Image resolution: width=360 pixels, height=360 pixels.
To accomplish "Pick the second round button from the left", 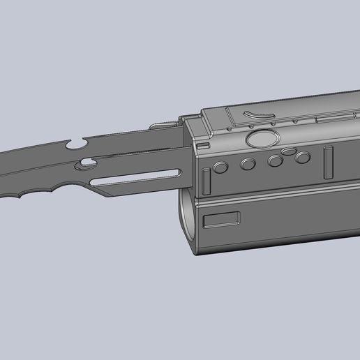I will pyautogui.click(x=248, y=165).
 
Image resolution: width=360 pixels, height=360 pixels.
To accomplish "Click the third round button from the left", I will pyautogui.click(x=275, y=162).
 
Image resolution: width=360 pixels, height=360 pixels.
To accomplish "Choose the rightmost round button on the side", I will pyautogui.click(x=302, y=158).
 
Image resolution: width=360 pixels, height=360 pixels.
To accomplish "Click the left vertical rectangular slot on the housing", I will pyautogui.click(x=207, y=181).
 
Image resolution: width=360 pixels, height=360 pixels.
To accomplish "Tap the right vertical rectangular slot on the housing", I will pyautogui.click(x=328, y=162).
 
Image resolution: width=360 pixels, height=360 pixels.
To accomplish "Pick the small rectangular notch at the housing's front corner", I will pyautogui.click(x=202, y=144).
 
